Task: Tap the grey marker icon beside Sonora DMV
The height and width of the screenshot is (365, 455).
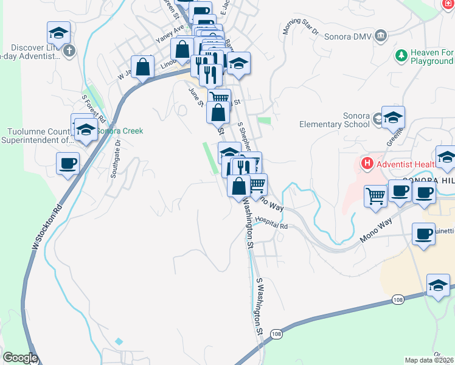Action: [381, 35]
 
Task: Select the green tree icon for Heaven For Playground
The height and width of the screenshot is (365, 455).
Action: [401, 57]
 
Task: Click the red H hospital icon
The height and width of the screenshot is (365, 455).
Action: [366, 164]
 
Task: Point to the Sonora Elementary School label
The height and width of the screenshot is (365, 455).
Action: [335, 120]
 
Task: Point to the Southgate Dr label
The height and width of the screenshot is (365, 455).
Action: [115, 159]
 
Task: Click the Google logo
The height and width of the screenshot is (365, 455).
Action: [19, 358]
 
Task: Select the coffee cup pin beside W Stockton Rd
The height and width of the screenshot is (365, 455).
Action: [68, 163]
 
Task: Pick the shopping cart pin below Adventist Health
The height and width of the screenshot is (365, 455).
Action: [376, 196]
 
